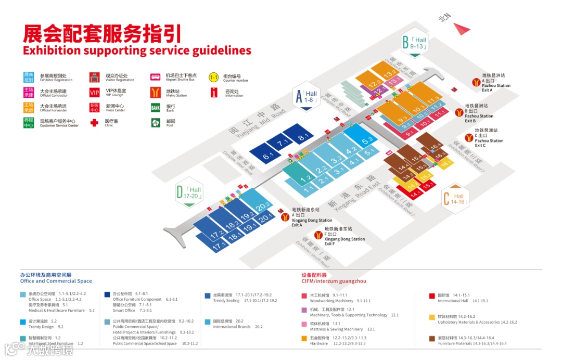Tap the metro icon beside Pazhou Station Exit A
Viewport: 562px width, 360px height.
click(476, 82)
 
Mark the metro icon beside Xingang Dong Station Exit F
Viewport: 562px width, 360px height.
click(318, 235)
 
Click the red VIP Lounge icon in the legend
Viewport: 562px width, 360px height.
click(94, 93)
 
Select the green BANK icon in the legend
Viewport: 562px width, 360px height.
click(155, 108)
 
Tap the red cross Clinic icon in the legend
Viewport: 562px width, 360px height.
click(94, 123)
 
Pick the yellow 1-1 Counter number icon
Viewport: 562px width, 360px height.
click(213, 78)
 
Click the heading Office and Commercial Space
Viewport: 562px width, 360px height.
click(56, 281)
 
